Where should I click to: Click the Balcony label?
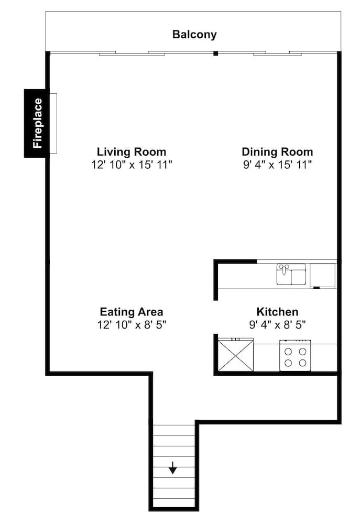click(194, 35)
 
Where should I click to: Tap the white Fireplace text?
click(38, 123)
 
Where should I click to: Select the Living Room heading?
click(132, 152)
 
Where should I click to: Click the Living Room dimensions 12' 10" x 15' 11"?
click(132, 165)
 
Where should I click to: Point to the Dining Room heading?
click(277, 152)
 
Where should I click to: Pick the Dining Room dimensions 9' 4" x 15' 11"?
click(277, 165)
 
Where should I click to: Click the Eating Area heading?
click(132, 312)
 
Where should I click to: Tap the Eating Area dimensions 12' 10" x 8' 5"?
click(132, 324)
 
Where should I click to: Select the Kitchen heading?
click(277, 312)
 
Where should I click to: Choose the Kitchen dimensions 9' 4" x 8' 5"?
click(277, 324)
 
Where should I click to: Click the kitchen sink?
click(291, 275)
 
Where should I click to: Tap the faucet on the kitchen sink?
click(284, 268)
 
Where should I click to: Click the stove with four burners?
click(295, 356)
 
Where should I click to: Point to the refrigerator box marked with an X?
click(236, 355)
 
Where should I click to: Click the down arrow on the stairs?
click(172, 468)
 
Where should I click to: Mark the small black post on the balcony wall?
click(215, 53)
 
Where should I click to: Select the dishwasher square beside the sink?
click(323, 276)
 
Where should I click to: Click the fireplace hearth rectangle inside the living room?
click(53, 123)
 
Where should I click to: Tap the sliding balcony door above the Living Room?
click(132, 53)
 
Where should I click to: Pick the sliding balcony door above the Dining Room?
click(277, 53)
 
